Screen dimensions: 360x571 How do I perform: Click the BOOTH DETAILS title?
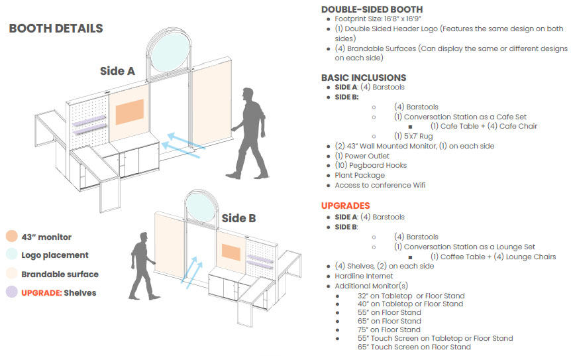56,29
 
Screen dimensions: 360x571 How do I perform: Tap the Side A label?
117,71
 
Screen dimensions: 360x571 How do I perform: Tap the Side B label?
238,217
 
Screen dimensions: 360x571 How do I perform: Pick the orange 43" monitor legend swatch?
11,237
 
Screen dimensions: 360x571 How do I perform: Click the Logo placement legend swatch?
11,255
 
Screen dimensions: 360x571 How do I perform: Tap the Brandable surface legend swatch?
11,274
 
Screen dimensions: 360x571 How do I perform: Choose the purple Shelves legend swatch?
11,292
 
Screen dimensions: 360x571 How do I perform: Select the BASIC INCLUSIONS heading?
364,78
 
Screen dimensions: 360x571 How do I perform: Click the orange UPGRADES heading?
345,206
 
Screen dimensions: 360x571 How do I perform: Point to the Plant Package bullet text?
360,175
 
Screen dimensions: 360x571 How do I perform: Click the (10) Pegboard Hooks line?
370,165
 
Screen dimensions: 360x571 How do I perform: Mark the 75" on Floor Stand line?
388,330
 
